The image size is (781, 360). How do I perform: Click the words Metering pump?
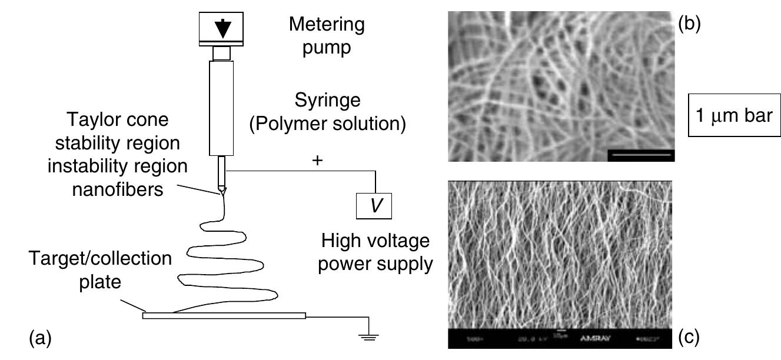point(326,35)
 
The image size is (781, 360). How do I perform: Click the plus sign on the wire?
point(318,161)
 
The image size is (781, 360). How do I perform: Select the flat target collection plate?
point(224,316)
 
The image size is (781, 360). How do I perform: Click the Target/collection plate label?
point(102,270)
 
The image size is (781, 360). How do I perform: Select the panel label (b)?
point(689,26)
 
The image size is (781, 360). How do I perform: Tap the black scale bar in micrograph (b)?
point(640,155)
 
